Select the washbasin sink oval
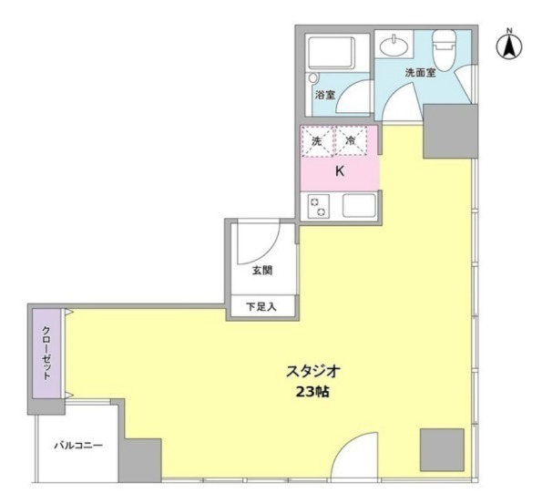pyautogui.click(x=394, y=46)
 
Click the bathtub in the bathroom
pyautogui.click(x=332, y=53)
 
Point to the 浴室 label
pyautogui.click(x=325, y=95)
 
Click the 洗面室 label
pyautogui.click(x=420, y=73)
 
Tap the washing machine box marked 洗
pyautogui.click(x=317, y=141)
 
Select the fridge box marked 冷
pyautogui.click(x=351, y=141)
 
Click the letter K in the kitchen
pyautogui.click(x=340, y=171)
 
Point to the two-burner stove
pyautogui.click(x=318, y=206)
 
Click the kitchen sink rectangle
pyautogui.click(x=359, y=205)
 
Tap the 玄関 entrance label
pyautogui.click(x=262, y=270)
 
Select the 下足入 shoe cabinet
pyautogui.click(x=262, y=306)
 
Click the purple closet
pyautogui.click(x=46, y=354)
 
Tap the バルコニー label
pyautogui.click(x=78, y=445)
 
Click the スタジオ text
pyautogui.click(x=313, y=372)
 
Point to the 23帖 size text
pyautogui.click(x=312, y=392)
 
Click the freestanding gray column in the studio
pyautogui.click(x=442, y=450)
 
